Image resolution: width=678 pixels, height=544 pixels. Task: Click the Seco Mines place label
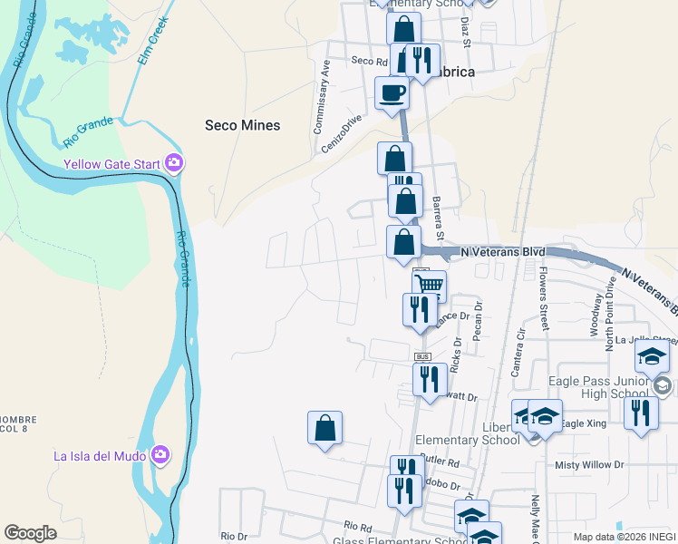(242, 125)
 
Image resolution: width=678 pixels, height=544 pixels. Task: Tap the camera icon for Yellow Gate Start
(174, 164)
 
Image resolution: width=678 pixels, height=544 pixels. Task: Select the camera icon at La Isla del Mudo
(160, 454)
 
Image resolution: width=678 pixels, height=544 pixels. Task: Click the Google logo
(31, 533)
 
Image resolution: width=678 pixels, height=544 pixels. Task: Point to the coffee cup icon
(392, 92)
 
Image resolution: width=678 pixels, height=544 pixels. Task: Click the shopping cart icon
(431, 286)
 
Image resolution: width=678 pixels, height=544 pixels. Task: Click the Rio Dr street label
(233, 537)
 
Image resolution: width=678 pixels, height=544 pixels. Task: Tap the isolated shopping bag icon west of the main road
(324, 428)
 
